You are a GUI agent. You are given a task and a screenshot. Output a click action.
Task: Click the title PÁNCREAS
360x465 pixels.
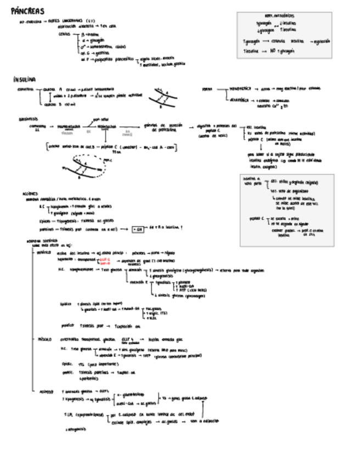tap(27, 11)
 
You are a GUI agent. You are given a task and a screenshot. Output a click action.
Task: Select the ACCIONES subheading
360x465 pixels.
tap(30, 194)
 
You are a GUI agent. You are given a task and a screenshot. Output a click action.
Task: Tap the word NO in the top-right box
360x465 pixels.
tap(273, 50)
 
